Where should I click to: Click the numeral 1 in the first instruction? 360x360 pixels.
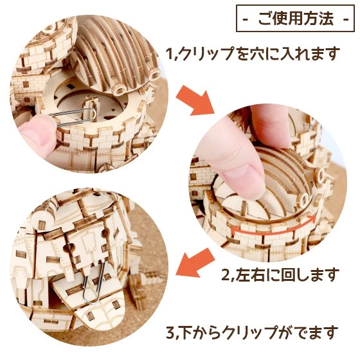tap(168, 54)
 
